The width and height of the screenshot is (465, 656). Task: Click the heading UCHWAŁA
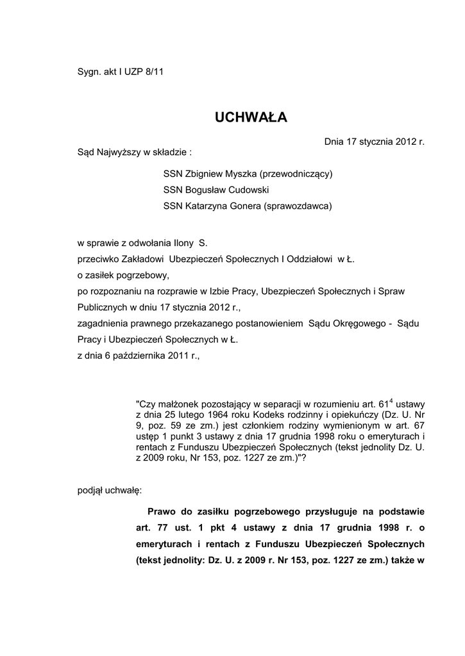251,117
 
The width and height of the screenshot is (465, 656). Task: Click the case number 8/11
155,72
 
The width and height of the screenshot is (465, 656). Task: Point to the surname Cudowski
247,190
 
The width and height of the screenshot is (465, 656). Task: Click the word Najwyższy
120,152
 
